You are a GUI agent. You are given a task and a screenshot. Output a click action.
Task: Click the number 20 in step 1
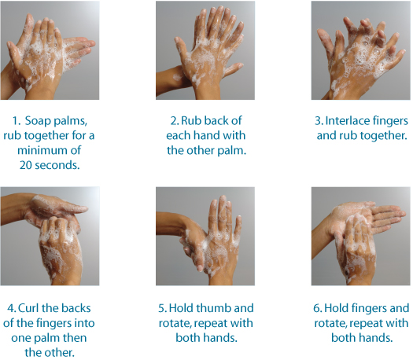click(25, 165)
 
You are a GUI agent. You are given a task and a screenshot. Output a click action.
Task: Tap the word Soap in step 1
click(38, 121)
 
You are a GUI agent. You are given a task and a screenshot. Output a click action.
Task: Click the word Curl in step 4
click(28, 308)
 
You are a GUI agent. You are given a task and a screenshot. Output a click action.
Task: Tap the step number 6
click(317, 308)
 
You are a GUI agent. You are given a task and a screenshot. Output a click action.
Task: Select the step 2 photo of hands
click(205, 50)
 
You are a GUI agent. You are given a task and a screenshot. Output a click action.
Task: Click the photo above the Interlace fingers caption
click(360, 50)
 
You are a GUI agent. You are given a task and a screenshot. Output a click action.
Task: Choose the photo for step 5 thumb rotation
click(205, 237)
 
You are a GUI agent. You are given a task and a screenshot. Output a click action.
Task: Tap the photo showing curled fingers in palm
click(50, 237)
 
